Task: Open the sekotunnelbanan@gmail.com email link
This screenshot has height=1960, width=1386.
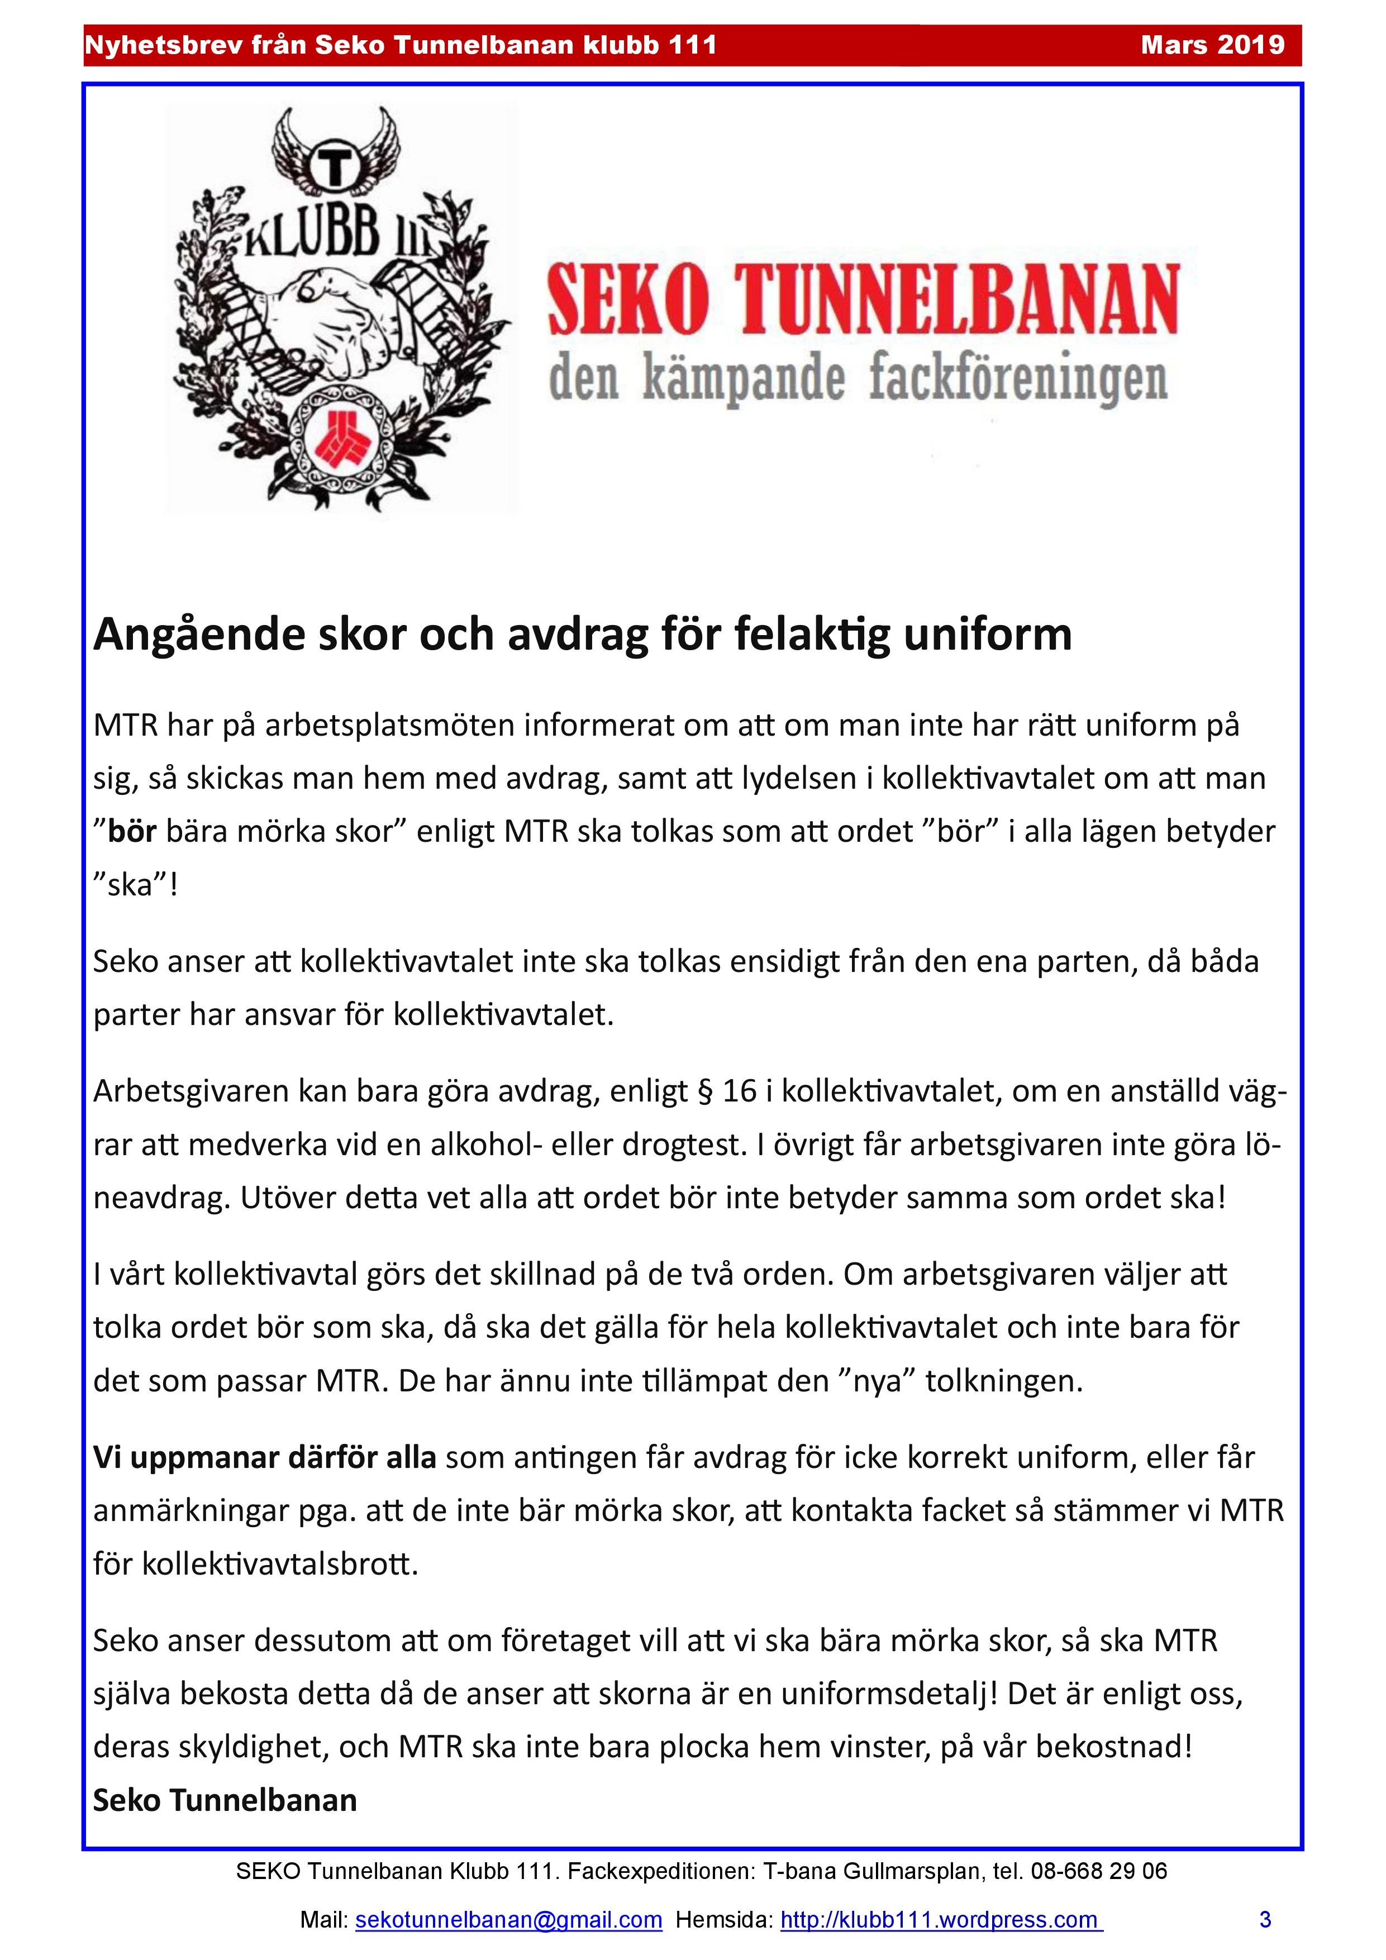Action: [508, 1920]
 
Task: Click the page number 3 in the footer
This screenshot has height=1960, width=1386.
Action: [1265, 1920]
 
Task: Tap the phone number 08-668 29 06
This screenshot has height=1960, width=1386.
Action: [1098, 1871]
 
